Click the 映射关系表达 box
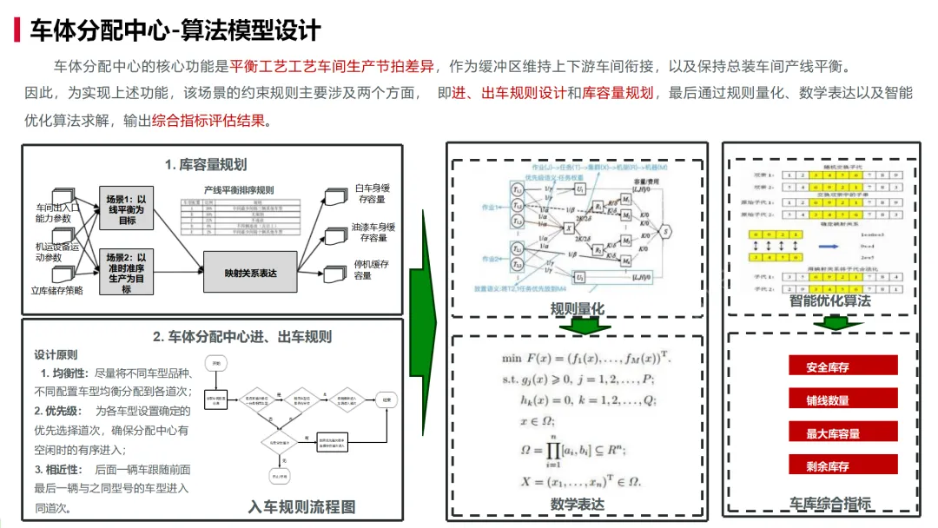(x=250, y=273)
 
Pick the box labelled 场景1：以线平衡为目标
(x=127, y=209)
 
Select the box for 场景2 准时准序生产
(x=127, y=273)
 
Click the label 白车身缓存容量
(x=371, y=193)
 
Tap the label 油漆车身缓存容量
(x=371, y=232)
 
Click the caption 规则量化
(x=577, y=308)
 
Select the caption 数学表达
(x=578, y=504)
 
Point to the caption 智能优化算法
(x=829, y=300)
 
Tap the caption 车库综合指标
(x=829, y=503)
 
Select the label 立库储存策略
(x=57, y=291)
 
